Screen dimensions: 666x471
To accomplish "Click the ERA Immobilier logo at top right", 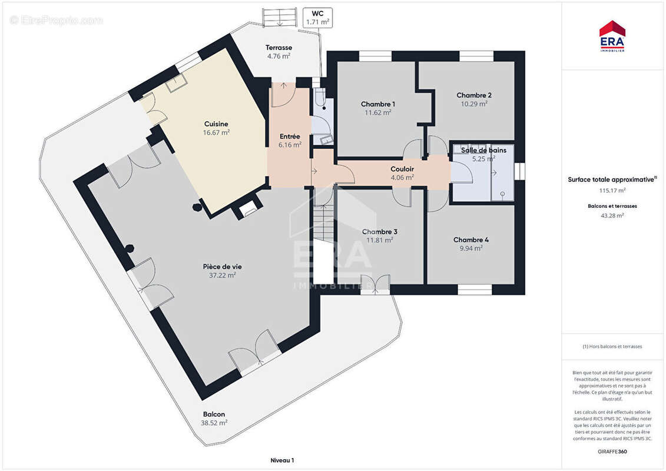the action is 612,36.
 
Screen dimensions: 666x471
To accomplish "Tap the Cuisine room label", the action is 216,124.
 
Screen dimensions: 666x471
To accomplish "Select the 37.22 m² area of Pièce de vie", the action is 222,275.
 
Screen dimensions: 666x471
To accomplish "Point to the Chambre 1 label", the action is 378,104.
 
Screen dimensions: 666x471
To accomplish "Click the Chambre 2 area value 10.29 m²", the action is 474,104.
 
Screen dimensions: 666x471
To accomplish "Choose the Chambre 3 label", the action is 380,232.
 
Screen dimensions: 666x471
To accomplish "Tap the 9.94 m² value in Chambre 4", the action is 471,248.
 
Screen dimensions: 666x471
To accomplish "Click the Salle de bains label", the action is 484,150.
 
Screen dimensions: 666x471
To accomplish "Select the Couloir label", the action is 402,169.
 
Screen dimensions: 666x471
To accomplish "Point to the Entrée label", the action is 290,137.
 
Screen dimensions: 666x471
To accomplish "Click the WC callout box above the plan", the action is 318,18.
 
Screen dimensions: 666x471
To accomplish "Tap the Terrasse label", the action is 279,48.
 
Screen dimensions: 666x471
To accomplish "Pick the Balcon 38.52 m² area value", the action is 214,423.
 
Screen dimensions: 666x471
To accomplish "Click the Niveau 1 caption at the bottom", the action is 283,460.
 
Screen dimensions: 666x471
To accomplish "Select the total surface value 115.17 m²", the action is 612,190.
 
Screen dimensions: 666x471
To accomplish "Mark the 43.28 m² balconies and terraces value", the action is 612,215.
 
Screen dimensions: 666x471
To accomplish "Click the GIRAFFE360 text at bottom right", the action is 612,452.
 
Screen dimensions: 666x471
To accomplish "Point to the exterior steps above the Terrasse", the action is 280,18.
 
